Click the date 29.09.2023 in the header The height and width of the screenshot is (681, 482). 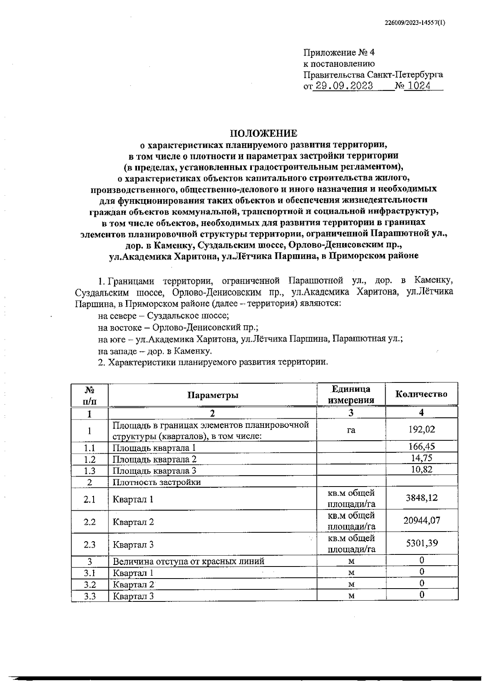point(344,86)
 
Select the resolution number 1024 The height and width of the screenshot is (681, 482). point(418,86)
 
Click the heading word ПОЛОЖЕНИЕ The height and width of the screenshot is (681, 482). point(263,133)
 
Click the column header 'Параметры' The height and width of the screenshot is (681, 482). point(213,395)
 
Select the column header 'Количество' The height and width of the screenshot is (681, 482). point(421,394)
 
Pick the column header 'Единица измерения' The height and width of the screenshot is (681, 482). point(351,395)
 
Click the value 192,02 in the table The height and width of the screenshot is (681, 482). point(422,429)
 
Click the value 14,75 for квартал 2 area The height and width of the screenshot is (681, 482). point(422,458)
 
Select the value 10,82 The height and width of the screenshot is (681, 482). point(422,469)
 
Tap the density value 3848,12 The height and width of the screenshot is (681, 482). point(422,498)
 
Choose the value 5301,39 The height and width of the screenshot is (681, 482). point(422,543)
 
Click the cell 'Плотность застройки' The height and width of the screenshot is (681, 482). point(157,482)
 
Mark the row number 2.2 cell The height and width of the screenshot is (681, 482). point(90,522)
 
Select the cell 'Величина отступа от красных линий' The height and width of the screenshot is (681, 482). point(188,561)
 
